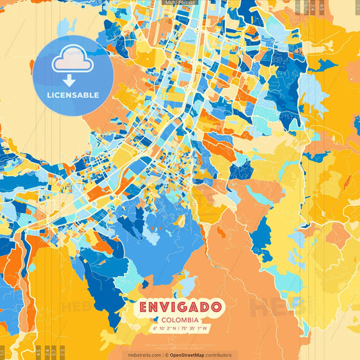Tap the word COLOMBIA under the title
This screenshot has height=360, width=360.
coord(180,319)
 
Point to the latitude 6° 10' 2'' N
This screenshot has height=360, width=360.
coord(164,328)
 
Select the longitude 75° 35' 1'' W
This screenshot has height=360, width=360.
coord(196,328)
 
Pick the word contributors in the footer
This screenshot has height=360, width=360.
coord(219,355)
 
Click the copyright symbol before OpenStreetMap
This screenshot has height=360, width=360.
coord(167,355)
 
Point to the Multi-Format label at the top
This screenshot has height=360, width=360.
coord(180,3)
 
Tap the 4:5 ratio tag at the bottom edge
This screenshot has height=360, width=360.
coord(38,352)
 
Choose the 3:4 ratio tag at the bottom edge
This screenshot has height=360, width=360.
coord(47,352)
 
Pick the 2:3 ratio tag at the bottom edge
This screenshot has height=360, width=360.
coord(62,352)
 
